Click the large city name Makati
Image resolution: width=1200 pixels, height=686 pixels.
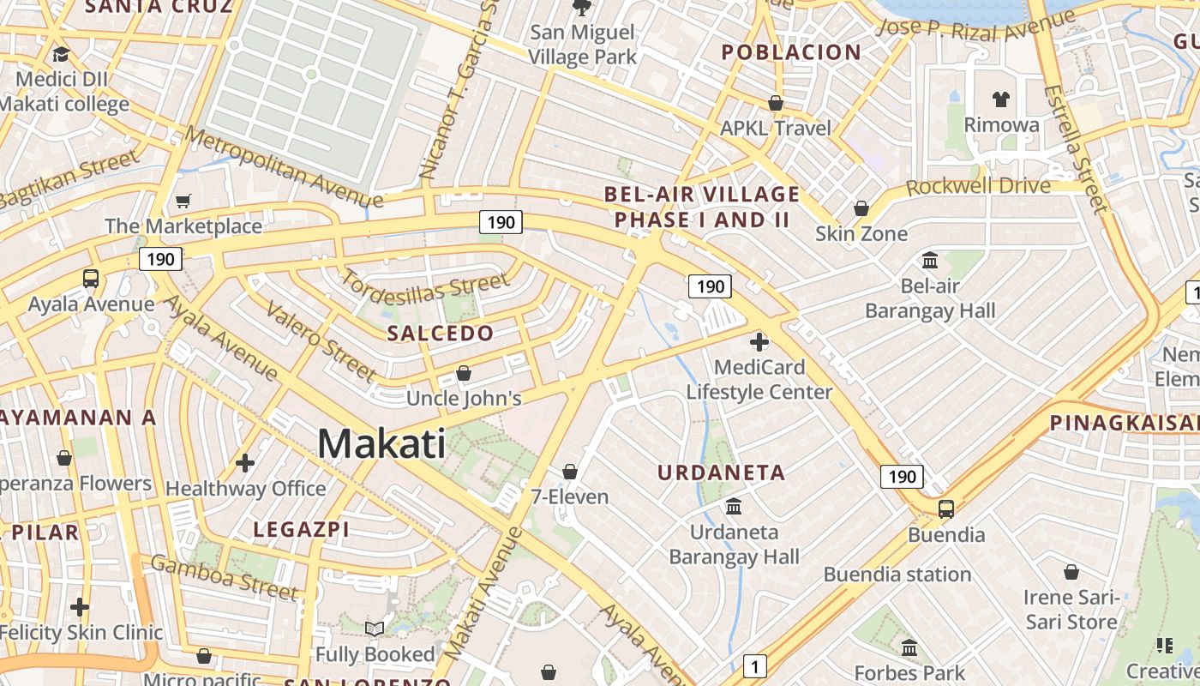coord(381,444)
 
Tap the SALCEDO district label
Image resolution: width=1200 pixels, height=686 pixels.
coord(441,334)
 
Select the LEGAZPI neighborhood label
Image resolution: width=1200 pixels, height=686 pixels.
coord(301,530)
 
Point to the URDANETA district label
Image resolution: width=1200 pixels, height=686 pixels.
coord(722,472)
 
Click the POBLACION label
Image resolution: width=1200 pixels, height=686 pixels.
coord(791,52)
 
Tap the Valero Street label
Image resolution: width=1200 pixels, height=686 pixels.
coord(321,340)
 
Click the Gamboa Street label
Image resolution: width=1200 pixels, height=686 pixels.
coord(225,576)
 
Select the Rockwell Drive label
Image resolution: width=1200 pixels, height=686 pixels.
coord(978,186)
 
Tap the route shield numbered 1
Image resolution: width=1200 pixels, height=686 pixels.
coord(754,665)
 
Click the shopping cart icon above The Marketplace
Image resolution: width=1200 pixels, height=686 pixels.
coord(183,202)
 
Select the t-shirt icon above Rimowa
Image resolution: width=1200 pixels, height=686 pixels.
coord(1001,99)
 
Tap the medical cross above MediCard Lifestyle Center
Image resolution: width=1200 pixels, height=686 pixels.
coord(759,342)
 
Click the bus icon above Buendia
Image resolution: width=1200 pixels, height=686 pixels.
coord(946,508)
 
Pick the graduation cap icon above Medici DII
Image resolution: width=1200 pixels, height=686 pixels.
coord(60,55)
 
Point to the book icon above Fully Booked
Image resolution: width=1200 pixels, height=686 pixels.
coord(375,629)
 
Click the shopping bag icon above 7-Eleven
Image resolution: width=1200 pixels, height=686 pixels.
coord(570,472)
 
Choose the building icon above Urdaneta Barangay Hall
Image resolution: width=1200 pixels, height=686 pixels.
coord(734,506)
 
